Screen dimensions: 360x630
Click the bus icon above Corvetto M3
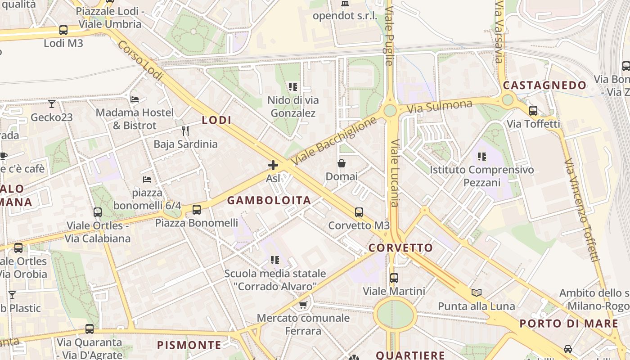click(359, 212)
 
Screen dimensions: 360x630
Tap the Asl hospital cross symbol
click(273, 165)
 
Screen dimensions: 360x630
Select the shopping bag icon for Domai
click(342, 163)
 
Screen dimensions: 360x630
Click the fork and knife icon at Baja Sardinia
click(185, 131)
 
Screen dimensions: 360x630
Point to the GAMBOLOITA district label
click(269, 201)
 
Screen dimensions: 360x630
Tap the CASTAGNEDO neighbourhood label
click(544, 85)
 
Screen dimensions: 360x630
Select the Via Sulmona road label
click(440, 107)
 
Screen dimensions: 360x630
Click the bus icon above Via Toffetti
click(533, 110)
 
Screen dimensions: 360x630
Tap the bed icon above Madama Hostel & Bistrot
click(134, 99)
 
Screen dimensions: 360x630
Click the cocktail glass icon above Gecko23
click(52, 104)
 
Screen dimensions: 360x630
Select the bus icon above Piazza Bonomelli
click(197, 209)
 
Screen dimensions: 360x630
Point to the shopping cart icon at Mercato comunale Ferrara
click(303, 305)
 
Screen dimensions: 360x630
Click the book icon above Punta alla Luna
click(477, 293)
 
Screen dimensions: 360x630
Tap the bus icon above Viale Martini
click(394, 278)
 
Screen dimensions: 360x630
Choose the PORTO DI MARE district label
click(569, 324)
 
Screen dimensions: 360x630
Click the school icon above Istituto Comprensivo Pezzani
click(482, 157)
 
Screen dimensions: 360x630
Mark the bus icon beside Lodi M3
click(63, 30)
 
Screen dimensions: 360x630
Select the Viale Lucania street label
click(395, 173)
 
